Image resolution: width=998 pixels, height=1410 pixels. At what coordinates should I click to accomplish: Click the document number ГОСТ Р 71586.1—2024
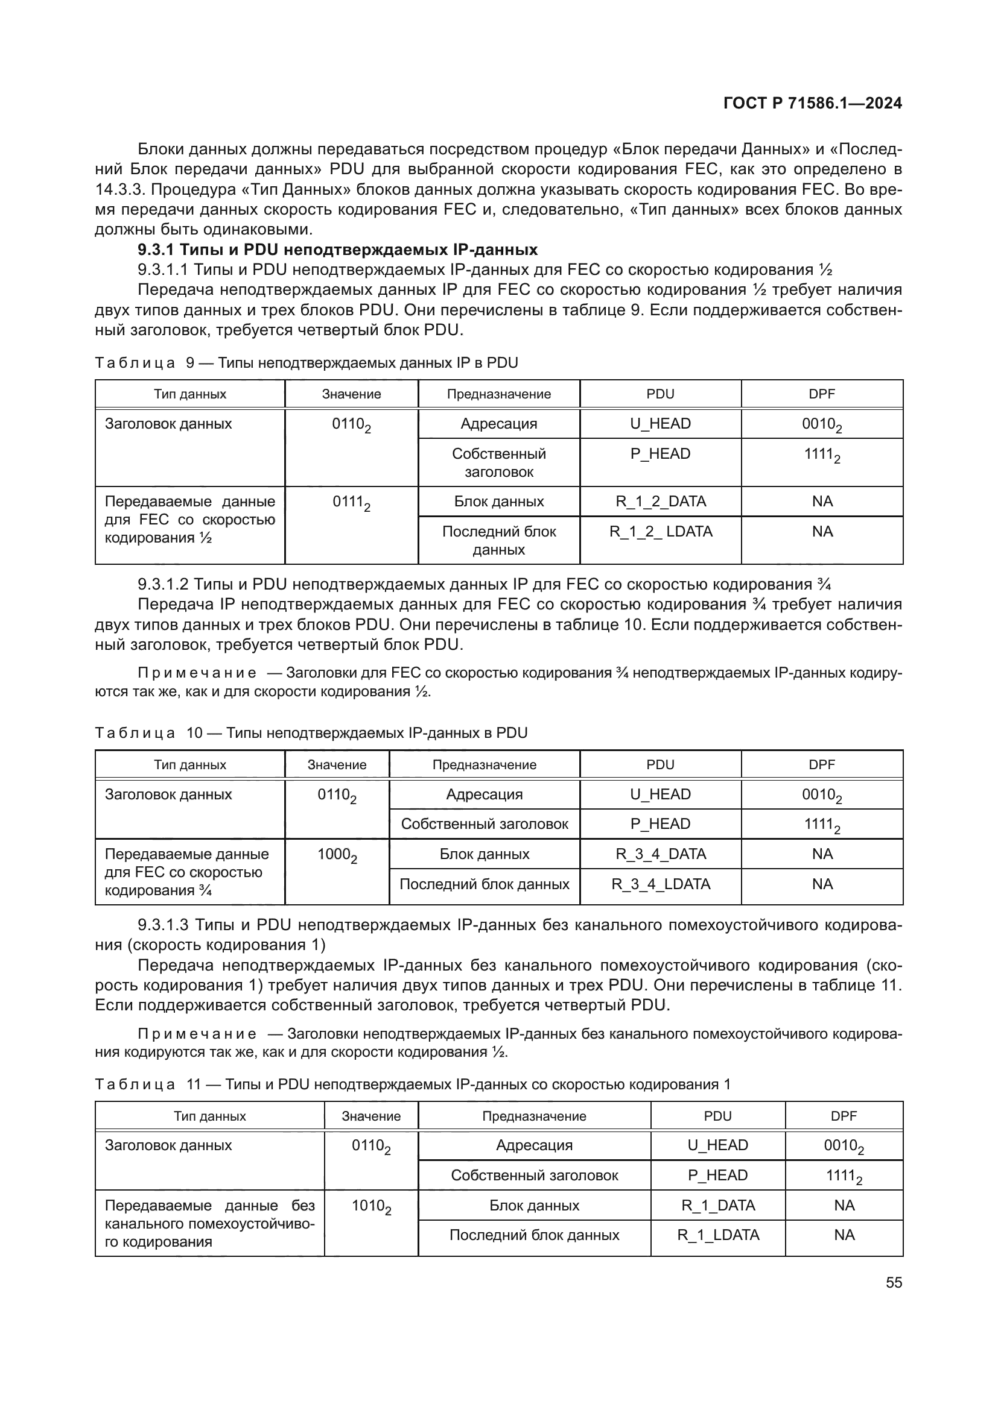tap(812, 103)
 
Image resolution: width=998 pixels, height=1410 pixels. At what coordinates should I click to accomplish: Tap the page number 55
tap(894, 1283)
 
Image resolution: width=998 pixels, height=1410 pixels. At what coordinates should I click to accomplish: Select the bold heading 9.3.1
tap(337, 250)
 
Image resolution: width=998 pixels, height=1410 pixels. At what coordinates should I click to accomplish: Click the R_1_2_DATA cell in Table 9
tap(661, 501)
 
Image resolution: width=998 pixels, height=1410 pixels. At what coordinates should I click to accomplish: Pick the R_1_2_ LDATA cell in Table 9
tap(661, 531)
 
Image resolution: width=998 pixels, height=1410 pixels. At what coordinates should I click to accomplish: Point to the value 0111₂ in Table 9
tap(351, 503)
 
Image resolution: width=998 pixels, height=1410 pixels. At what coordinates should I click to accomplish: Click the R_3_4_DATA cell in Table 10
tap(661, 854)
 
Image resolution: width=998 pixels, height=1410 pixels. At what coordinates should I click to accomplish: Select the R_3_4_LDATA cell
tap(661, 884)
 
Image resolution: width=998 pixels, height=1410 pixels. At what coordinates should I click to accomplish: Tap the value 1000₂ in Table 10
tap(337, 855)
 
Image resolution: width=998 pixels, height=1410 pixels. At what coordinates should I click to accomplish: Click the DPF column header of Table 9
tap(822, 394)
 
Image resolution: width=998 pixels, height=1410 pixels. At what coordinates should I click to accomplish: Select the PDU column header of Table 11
tap(718, 1116)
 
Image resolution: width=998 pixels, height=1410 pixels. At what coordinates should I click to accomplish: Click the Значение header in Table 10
tap(337, 764)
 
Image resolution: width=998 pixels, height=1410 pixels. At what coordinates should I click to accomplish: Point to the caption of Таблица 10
tap(311, 732)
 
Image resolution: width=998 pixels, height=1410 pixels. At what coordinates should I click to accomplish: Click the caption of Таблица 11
tap(412, 1084)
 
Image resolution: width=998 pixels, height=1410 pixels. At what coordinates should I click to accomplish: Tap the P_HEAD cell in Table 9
tap(661, 454)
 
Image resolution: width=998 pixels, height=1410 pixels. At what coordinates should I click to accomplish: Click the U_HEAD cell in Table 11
tap(718, 1145)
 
